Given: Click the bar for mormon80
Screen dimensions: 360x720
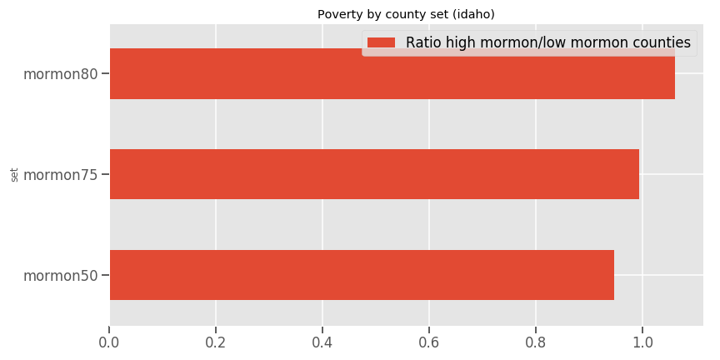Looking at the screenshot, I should pyautogui.click(x=392, y=74).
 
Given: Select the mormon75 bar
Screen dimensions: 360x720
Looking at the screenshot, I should pyautogui.click(x=374, y=174).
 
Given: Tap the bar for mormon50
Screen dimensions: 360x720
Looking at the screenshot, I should pyautogui.click(x=362, y=275).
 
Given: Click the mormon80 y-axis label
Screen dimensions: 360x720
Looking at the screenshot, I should pyautogui.click(x=60, y=74).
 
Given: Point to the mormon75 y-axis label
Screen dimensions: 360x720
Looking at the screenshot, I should pyautogui.click(x=60, y=175).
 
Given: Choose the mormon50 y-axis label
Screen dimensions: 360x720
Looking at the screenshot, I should pyautogui.click(x=60, y=275).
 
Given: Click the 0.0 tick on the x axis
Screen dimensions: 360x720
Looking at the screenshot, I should pyautogui.click(x=109, y=342).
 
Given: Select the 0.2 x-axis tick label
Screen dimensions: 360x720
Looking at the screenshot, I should pyautogui.click(x=216, y=342).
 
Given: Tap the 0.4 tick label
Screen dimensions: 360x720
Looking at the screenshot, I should pyautogui.click(x=322, y=342).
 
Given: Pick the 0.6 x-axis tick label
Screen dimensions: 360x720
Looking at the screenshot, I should pyautogui.click(x=428, y=342).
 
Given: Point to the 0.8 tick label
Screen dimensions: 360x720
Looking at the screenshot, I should pyautogui.click(x=535, y=342).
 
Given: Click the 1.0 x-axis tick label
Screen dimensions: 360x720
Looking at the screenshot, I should pyautogui.click(x=642, y=342).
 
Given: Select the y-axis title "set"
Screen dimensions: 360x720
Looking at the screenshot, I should pyautogui.click(x=14, y=174).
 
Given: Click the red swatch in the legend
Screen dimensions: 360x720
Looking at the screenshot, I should pyautogui.click(x=382, y=42).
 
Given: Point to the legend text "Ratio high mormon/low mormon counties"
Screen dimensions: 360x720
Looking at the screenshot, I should pyautogui.click(x=547, y=42).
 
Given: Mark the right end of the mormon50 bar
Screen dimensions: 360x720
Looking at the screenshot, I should pyautogui.click(x=614, y=275).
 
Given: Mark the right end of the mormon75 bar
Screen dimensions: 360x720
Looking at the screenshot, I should pyautogui.click(x=639, y=174).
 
